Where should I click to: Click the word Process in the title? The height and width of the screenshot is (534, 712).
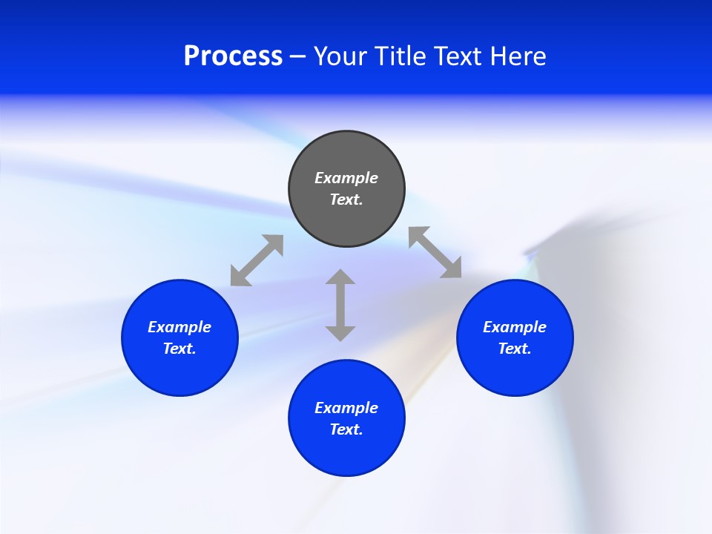pos(233,56)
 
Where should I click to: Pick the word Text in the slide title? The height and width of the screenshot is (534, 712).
pos(461,56)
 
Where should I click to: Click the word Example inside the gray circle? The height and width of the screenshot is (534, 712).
pos(346,178)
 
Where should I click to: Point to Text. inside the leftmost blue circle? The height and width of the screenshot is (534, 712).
pos(179,349)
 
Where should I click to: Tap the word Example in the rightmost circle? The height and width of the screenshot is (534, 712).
pos(515,327)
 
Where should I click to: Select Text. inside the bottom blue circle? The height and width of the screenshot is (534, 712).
pos(346,429)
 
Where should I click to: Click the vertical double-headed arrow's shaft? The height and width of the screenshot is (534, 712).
pos(340,305)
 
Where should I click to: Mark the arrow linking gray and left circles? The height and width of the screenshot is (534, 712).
pos(257,260)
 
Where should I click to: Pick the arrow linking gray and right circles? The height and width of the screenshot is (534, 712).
pos(435,252)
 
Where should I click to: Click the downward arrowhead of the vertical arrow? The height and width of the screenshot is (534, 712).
pos(340,333)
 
